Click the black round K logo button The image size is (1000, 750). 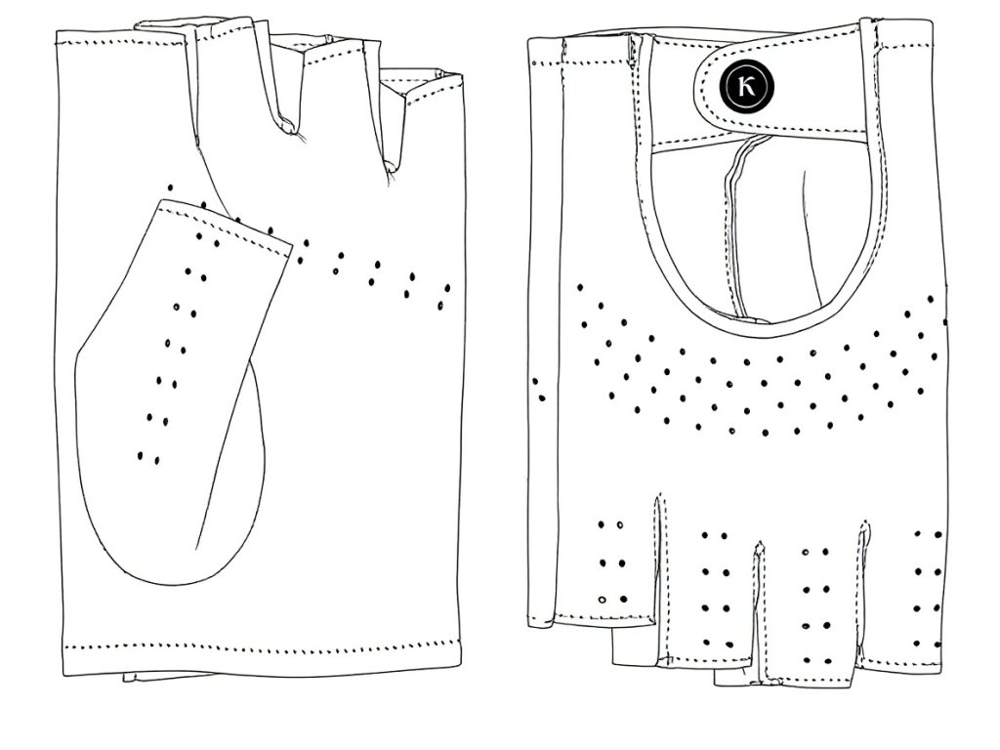click(x=745, y=85)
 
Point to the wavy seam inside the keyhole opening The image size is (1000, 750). click(x=728, y=225)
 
